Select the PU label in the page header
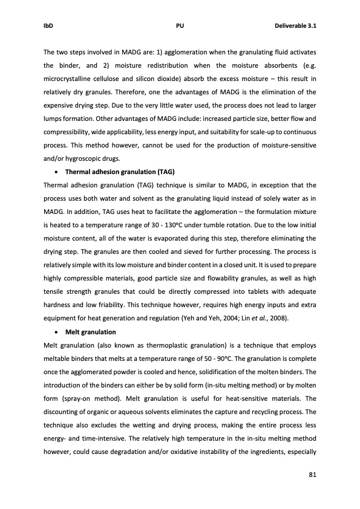click(x=180, y=26)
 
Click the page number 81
click(x=312, y=474)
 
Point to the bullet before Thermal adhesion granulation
click(x=57, y=172)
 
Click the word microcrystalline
click(x=68, y=80)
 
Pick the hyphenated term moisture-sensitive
click(x=284, y=146)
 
